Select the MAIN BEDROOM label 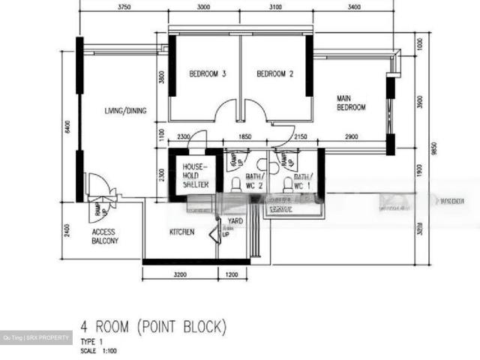coord(351,103)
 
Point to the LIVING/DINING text coord(125,111)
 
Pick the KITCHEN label coord(181,232)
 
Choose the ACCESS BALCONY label coord(103,237)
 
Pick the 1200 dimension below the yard coord(232,275)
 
